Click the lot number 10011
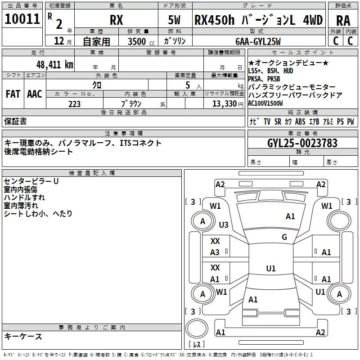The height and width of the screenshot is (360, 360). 22,19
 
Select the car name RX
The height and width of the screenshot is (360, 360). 116,20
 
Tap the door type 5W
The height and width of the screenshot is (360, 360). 174,20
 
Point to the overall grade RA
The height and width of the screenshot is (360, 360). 343,21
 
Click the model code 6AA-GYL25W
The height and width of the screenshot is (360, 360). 258,41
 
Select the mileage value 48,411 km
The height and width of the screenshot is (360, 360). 55,65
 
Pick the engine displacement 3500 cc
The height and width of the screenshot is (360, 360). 141,41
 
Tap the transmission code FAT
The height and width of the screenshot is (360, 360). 13,94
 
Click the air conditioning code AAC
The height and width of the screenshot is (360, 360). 35,94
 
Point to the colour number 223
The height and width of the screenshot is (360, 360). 74,104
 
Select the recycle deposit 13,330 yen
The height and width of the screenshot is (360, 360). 228,104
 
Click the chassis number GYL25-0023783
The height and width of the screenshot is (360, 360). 302,143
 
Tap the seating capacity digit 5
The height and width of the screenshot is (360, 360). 188,85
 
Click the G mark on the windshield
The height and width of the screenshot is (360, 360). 284,237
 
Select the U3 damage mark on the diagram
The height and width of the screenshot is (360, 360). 224,225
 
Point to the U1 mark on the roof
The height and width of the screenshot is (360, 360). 271,268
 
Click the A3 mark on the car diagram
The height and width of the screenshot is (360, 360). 215,252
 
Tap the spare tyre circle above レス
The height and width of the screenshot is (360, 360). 197,328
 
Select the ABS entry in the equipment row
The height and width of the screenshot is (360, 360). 300,121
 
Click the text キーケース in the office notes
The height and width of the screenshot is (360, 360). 23,336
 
